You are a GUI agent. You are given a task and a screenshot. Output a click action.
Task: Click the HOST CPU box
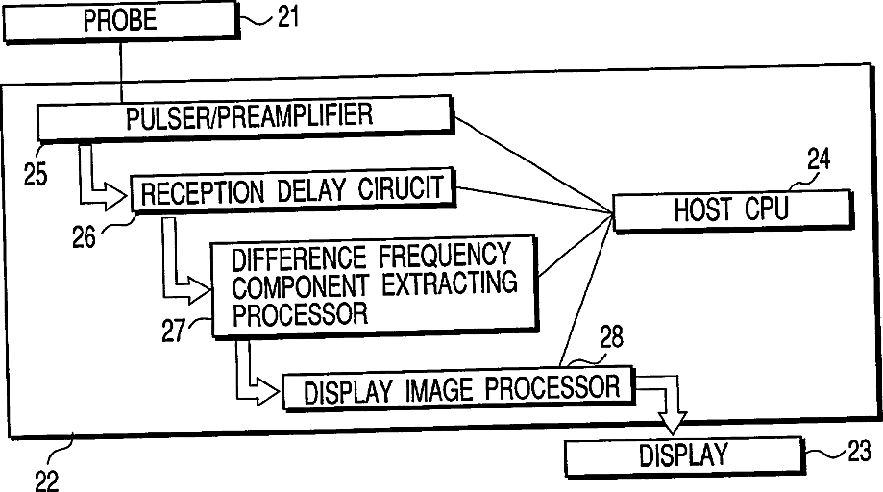click(731, 209)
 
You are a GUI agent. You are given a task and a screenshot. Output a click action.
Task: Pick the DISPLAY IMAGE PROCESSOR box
click(458, 389)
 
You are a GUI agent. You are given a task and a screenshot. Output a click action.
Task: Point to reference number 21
click(288, 18)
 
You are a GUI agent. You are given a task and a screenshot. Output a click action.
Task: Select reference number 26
click(86, 235)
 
